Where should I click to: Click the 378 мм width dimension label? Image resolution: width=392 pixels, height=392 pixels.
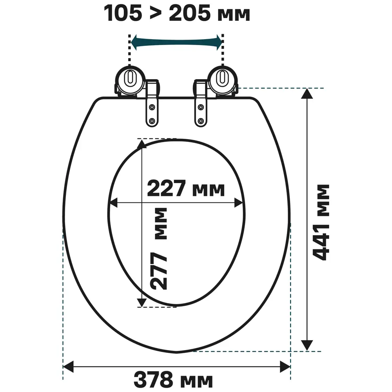click(x=173, y=380)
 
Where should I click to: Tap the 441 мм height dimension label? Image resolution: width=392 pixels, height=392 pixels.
click(x=321, y=223)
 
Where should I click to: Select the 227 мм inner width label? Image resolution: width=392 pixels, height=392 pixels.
click(x=186, y=188)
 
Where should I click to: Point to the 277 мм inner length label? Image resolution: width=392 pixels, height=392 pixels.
click(x=158, y=249)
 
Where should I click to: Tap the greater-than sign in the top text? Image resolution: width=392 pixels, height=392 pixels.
click(x=156, y=14)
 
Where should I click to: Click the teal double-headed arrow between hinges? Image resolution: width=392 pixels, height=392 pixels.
click(x=176, y=42)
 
